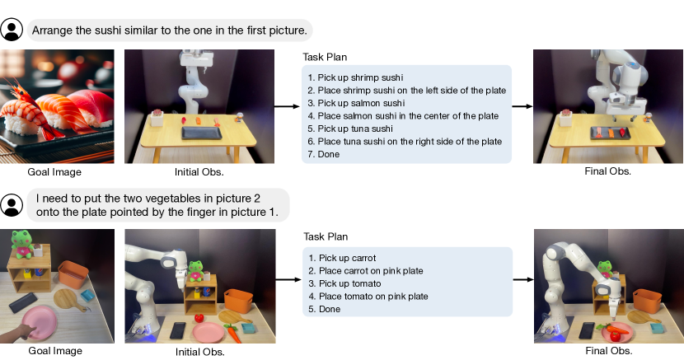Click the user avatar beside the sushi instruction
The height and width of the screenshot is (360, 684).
(x=12, y=30)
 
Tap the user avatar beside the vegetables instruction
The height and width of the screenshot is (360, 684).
(x=12, y=205)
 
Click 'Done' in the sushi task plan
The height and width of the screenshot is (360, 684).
(x=323, y=154)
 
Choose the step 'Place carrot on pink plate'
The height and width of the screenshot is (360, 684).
(x=366, y=271)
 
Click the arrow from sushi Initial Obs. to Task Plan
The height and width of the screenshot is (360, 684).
(x=287, y=106)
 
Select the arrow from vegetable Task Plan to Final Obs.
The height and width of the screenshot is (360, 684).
(x=523, y=279)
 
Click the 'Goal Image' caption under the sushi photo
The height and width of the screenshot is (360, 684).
(x=54, y=172)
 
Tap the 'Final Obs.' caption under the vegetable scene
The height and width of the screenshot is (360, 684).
(x=608, y=350)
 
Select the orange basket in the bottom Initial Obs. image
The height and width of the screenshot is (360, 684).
(x=238, y=300)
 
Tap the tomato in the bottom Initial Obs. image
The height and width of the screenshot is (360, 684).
(x=199, y=318)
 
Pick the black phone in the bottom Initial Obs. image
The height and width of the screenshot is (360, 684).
(x=178, y=330)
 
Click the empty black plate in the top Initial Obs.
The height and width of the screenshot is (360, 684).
(x=202, y=133)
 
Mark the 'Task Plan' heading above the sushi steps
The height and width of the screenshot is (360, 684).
(x=325, y=57)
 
